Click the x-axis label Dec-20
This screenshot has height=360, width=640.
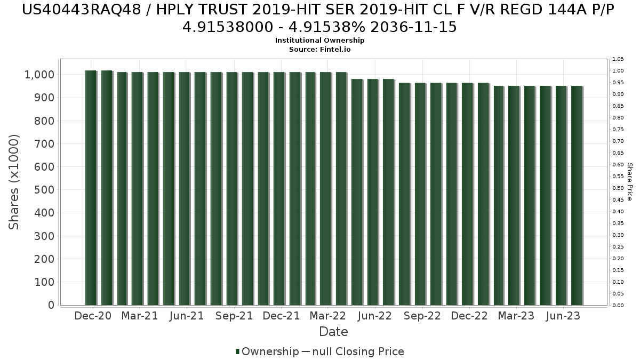tap(93, 316)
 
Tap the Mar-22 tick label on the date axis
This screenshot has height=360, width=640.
tap(327, 316)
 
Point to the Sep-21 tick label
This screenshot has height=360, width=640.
tap(234, 316)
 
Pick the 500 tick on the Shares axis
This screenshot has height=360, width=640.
tap(45, 190)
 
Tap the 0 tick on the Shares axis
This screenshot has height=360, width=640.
tap(51, 305)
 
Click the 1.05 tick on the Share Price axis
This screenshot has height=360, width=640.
tap(618, 59)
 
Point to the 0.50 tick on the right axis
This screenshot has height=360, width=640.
tap(618, 188)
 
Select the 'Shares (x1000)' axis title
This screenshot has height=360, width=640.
tap(14, 182)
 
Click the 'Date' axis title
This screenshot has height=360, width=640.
tap(333, 332)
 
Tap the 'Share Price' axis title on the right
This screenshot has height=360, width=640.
tap(629, 182)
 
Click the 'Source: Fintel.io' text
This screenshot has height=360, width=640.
tap(319, 49)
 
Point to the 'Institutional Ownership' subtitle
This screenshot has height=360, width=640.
tap(319, 41)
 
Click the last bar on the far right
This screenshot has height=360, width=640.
tap(577, 195)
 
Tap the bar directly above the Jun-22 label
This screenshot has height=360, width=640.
tap(372, 192)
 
